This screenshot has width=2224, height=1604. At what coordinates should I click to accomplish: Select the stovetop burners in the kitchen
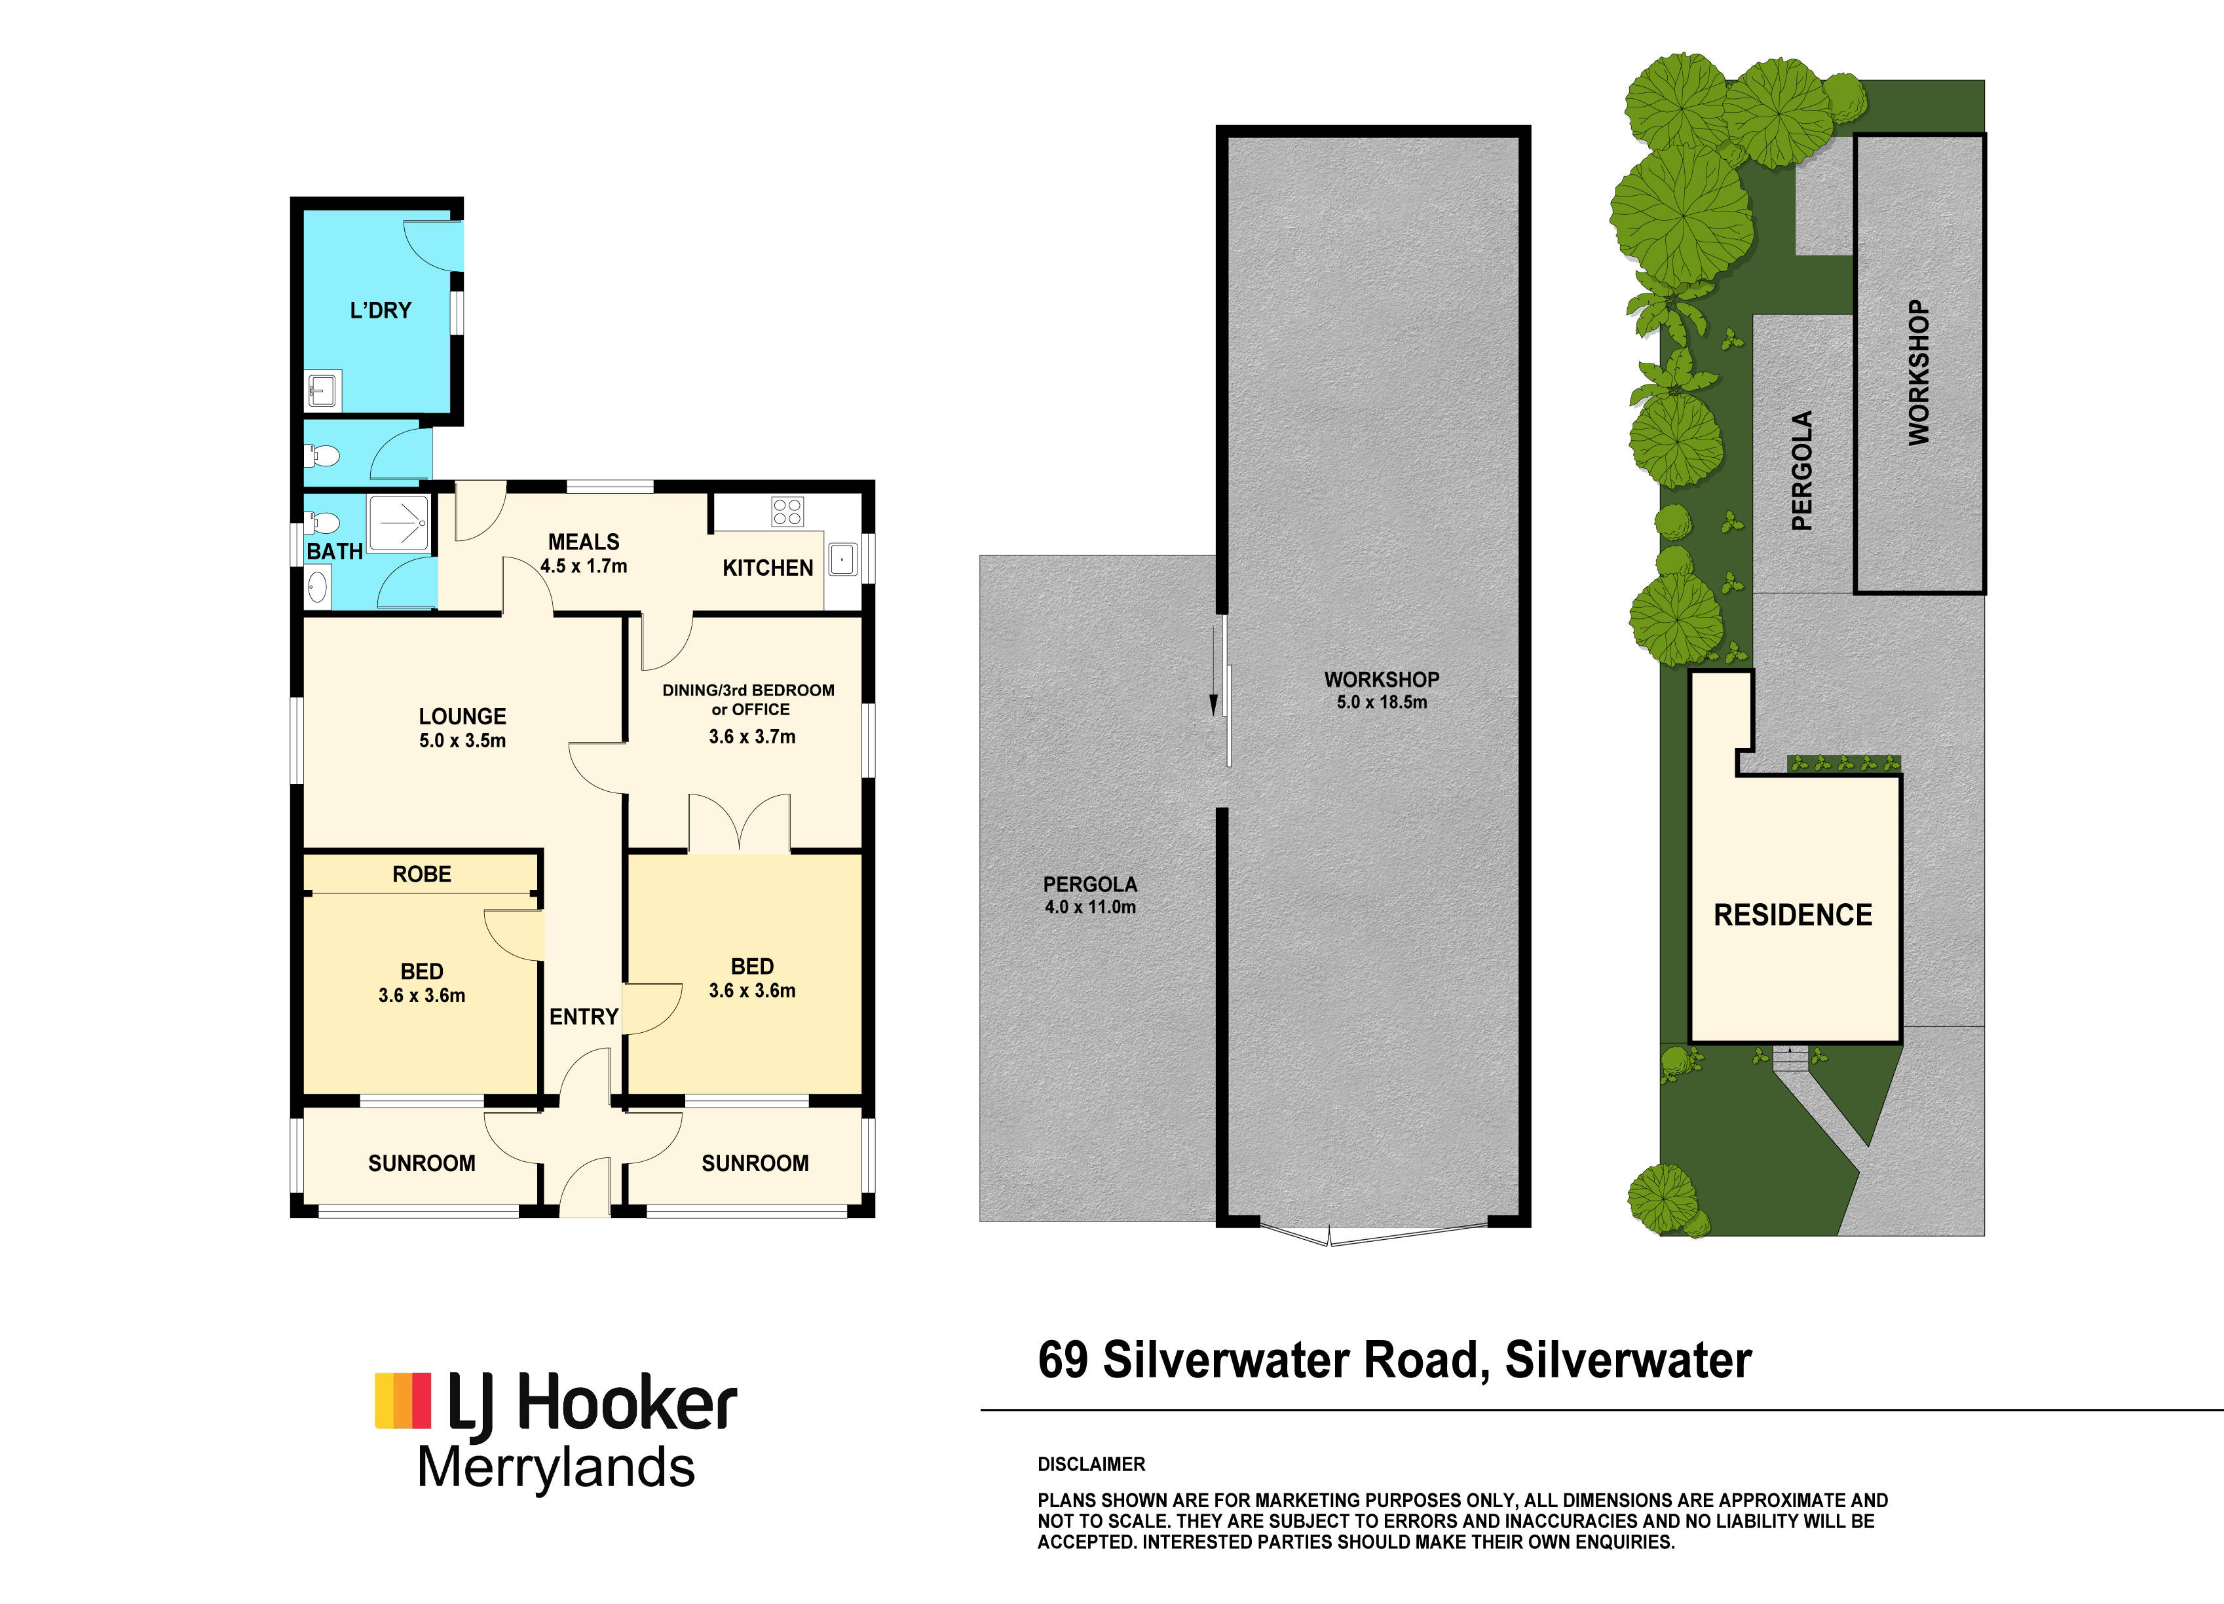click(x=787, y=512)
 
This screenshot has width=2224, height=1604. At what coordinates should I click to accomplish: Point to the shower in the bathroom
click(x=398, y=525)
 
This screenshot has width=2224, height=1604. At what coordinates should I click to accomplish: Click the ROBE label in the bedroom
click(x=422, y=874)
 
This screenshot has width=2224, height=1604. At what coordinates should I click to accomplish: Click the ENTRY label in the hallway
click(x=584, y=1016)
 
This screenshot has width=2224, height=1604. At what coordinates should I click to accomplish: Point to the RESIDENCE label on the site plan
click(x=1792, y=915)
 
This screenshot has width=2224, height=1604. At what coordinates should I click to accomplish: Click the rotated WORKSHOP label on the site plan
click(x=1919, y=373)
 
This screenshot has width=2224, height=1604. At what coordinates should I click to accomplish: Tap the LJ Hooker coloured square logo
click(x=403, y=1400)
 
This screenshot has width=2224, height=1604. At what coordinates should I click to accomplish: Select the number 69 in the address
click(x=1063, y=1361)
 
